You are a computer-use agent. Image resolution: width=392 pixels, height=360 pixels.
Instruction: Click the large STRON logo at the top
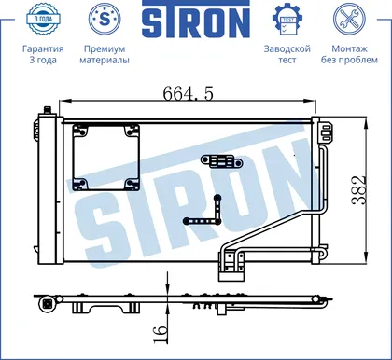(196, 19)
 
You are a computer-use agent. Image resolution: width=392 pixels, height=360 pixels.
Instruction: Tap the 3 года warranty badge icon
(43, 19)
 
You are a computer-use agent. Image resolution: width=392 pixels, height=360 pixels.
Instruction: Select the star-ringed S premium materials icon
(105, 19)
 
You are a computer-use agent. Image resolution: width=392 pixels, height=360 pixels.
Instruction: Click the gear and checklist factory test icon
(287, 19)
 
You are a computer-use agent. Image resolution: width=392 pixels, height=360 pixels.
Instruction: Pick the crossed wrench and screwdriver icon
(349, 19)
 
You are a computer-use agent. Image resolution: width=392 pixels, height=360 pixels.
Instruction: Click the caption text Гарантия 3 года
(43, 54)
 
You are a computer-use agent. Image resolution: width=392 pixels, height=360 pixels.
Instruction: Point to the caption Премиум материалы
(105, 54)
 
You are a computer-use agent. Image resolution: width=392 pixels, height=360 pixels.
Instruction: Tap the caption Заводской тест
(287, 54)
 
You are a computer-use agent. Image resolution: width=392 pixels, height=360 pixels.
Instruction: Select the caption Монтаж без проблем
(349, 54)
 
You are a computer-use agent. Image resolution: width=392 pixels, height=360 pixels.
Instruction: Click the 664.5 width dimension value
(189, 93)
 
